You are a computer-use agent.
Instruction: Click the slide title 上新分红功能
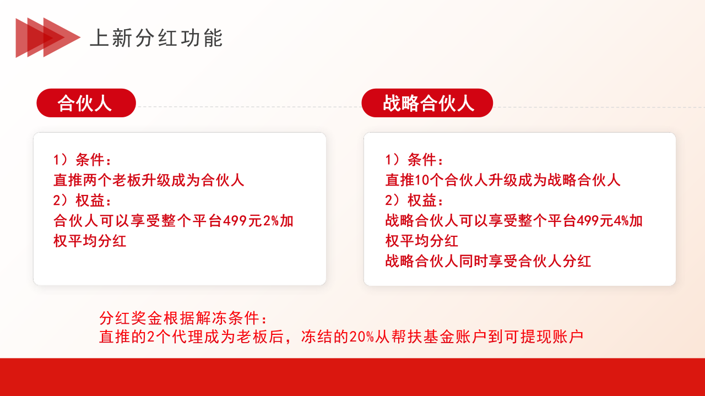tap(156, 38)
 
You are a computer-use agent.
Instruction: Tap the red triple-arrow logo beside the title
tap(47, 37)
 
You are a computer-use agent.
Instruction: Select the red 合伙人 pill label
tap(86, 103)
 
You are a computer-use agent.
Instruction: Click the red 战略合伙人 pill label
tap(427, 103)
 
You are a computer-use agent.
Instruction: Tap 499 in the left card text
tap(233, 221)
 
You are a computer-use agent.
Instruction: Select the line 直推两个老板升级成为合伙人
tap(149, 180)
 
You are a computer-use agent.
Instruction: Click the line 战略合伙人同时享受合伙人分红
tap(488, 261)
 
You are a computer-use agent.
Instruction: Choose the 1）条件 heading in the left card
tap(82, 160)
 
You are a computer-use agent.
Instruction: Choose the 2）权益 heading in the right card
tap(414, 200)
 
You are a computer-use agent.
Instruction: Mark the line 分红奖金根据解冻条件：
tap(184, 318)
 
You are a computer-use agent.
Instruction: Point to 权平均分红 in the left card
tap(90, 241)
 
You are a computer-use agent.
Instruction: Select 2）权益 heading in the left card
tap(82, 200)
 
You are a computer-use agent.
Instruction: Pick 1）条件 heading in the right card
tap(414, 160)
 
